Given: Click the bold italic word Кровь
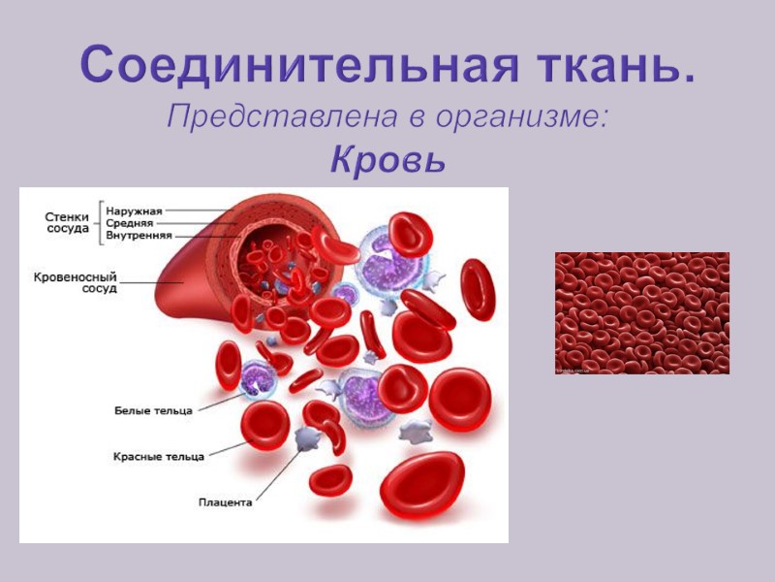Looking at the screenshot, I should click(387, 158).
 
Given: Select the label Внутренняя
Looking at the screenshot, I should click(139, 235).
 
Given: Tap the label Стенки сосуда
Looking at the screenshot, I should click(68, 223).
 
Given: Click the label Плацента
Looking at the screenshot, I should click(226, 502).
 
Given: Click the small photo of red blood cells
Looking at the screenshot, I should click(641, 312).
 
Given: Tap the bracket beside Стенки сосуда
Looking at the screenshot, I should click(98, 223).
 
